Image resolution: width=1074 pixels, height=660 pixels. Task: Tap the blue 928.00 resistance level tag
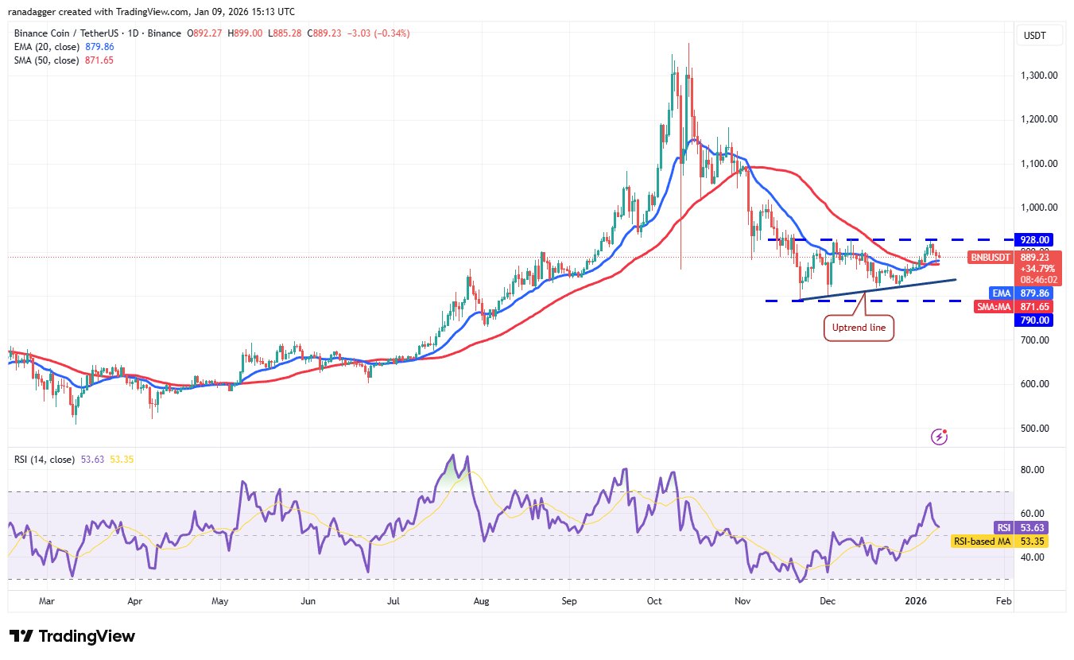point(1037,239)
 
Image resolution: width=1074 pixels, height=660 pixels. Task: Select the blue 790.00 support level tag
point(1037,320)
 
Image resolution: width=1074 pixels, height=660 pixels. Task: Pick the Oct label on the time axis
point(655,602)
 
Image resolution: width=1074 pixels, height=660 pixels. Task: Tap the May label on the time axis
point(220,602)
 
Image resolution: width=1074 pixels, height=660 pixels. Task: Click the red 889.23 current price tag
point(1037,258)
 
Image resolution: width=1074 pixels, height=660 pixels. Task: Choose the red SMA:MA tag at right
point(995,306)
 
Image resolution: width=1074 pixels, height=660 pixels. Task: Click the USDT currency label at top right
point(1035,36)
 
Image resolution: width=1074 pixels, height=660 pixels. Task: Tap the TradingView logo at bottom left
point(72,636)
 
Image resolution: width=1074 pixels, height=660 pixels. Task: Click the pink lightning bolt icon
point(939,437)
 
